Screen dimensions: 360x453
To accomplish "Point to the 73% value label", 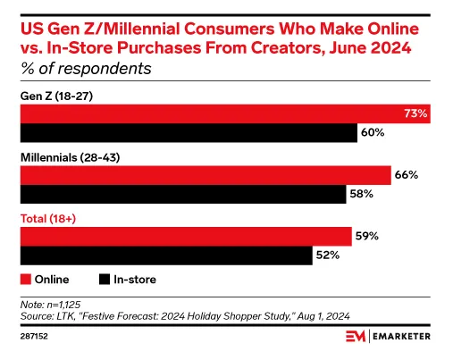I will coord(416,113).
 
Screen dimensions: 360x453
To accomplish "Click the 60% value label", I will coord(373,133).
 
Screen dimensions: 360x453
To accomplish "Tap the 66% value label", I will coord(407,175).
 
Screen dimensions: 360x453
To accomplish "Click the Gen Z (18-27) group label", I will coord(55,94).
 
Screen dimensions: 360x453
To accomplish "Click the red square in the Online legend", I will coord(25,280).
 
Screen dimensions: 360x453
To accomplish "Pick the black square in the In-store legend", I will coord(105,280).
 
